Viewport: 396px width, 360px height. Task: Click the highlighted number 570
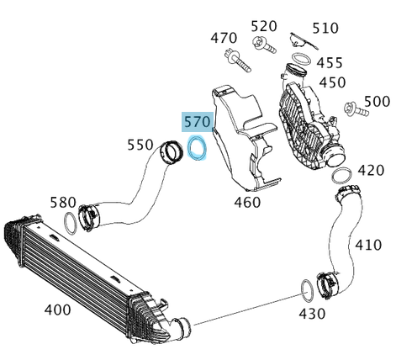[x=198, y=123]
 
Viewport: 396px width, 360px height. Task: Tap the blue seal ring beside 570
[x=198, y=147]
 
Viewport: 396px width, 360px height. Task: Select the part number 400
[x=57, y=310]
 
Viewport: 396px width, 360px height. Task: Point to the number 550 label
[x=140, y=145]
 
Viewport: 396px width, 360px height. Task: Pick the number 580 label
[x=63, y=202]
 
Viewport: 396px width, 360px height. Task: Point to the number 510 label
[x=325, y=28]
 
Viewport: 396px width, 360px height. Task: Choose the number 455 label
[x=330, y=63]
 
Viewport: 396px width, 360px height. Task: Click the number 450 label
[x=332, y=82]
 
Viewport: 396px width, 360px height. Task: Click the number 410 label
[x=367, y=245]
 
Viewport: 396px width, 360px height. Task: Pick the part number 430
[x=312, y=314]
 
